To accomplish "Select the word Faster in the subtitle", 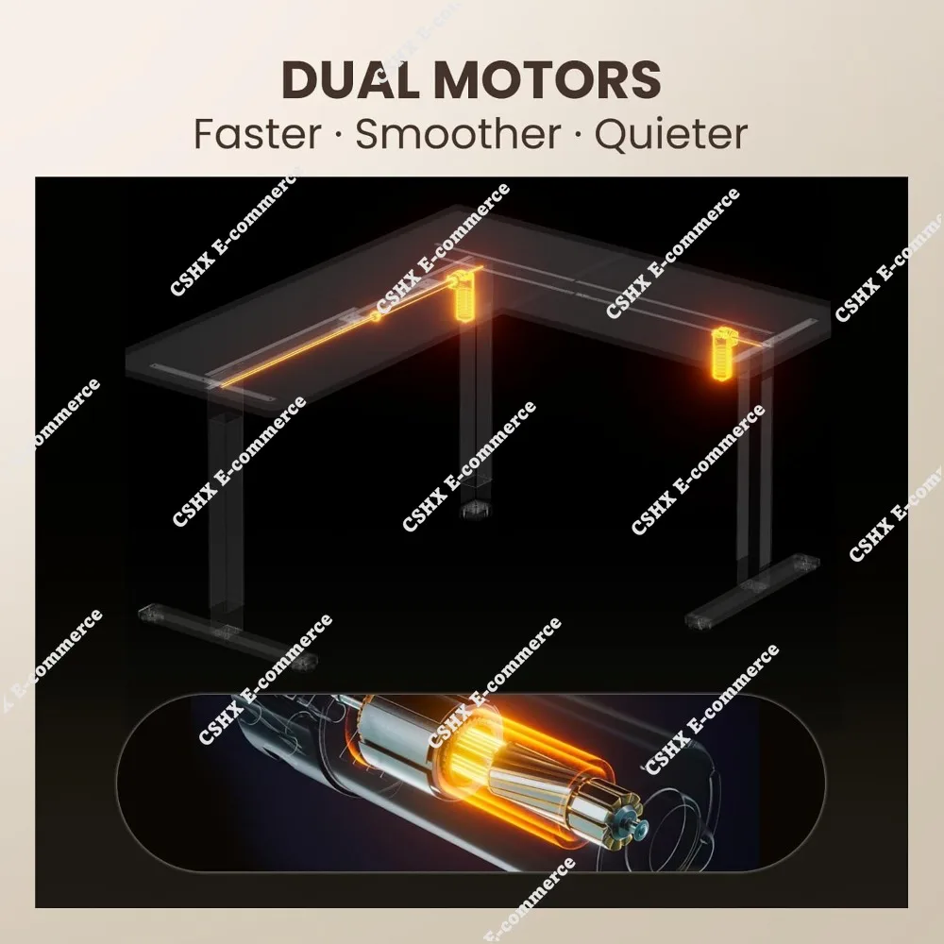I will (257, 134).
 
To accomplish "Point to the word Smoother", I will (457, 134).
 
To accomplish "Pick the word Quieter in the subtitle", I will (671, 134).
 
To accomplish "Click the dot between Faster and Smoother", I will (339, 135).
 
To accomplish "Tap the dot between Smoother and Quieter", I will (577, 135).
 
